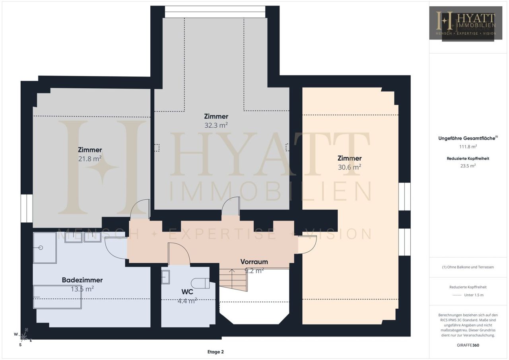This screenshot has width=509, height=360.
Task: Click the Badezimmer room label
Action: (82, 280)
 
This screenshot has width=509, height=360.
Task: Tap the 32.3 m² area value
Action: (216, 125)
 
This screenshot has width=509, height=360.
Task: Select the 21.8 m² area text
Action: (90, 159)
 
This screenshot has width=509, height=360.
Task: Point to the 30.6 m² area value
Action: (350, 167)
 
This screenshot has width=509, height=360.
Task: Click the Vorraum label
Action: (254, 262)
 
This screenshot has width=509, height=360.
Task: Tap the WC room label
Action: (187, 292)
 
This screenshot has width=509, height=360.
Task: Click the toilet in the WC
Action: (200, 283)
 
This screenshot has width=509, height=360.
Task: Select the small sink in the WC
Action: (165, 277)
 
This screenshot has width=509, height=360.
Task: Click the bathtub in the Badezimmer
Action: (57, 297)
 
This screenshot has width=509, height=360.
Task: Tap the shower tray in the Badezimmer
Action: (45, 247)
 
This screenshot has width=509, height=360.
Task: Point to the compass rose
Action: (23, 337)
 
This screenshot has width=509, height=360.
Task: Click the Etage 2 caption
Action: (216, 352)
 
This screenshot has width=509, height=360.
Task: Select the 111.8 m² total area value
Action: (468, 147)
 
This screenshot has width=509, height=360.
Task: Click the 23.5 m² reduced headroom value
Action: (468, 166)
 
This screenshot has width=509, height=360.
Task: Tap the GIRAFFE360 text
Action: (468, 345)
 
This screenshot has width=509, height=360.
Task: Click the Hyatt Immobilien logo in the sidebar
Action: (466, 23)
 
